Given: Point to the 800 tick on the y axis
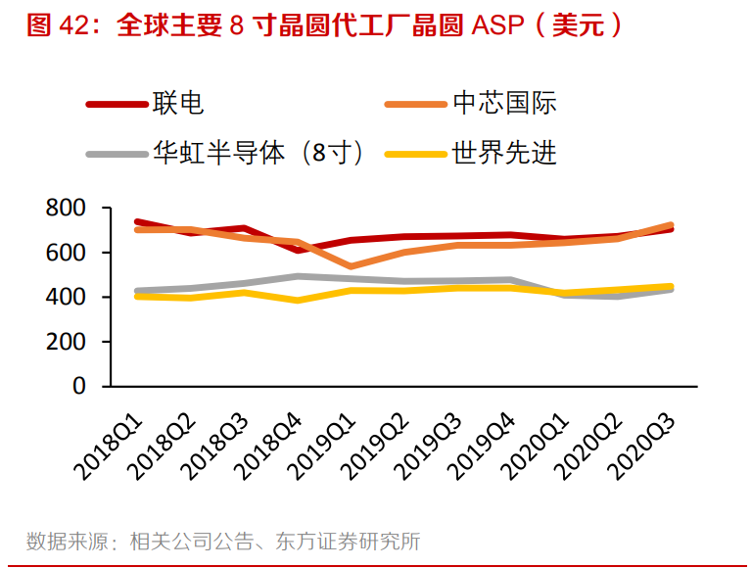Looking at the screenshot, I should point(66,209).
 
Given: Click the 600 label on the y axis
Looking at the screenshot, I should point(66,253).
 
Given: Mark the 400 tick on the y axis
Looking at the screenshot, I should point(66,297).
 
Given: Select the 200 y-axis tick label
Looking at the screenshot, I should point(66,342).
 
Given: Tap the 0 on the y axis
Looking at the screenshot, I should point(79,386).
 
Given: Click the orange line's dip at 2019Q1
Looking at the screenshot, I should point(352,266).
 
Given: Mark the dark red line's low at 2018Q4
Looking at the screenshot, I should point(298,250).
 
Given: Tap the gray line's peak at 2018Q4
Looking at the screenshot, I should point(298,276).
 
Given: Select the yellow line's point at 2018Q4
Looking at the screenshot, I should point(298,300).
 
